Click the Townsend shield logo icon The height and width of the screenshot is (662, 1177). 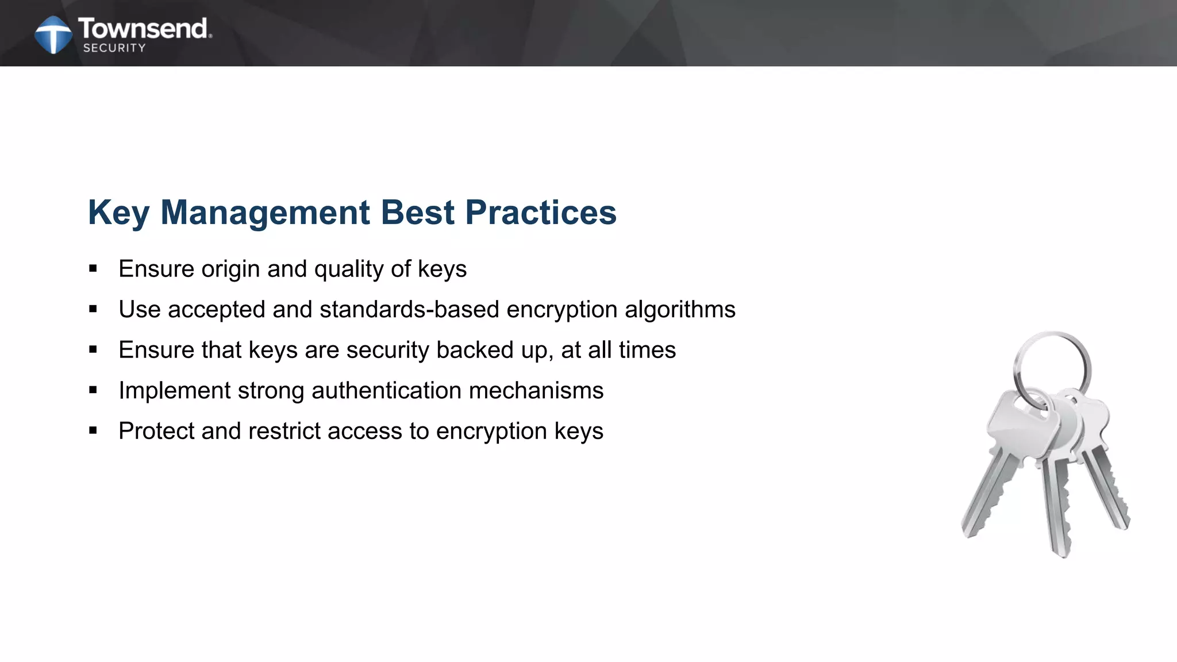[53, 34]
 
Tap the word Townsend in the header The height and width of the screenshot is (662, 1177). [144, 28]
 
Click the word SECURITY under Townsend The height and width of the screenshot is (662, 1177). [114, 48]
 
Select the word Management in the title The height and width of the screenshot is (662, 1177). [265, 213]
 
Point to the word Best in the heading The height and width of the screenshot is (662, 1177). [418, 213]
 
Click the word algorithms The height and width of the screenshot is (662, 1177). [680, 310]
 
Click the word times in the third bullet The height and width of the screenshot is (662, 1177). [647, 350]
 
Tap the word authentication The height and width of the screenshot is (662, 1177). [386, 391]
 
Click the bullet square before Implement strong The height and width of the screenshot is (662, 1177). [93, 390]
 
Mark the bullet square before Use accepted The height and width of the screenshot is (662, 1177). [93, 309]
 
